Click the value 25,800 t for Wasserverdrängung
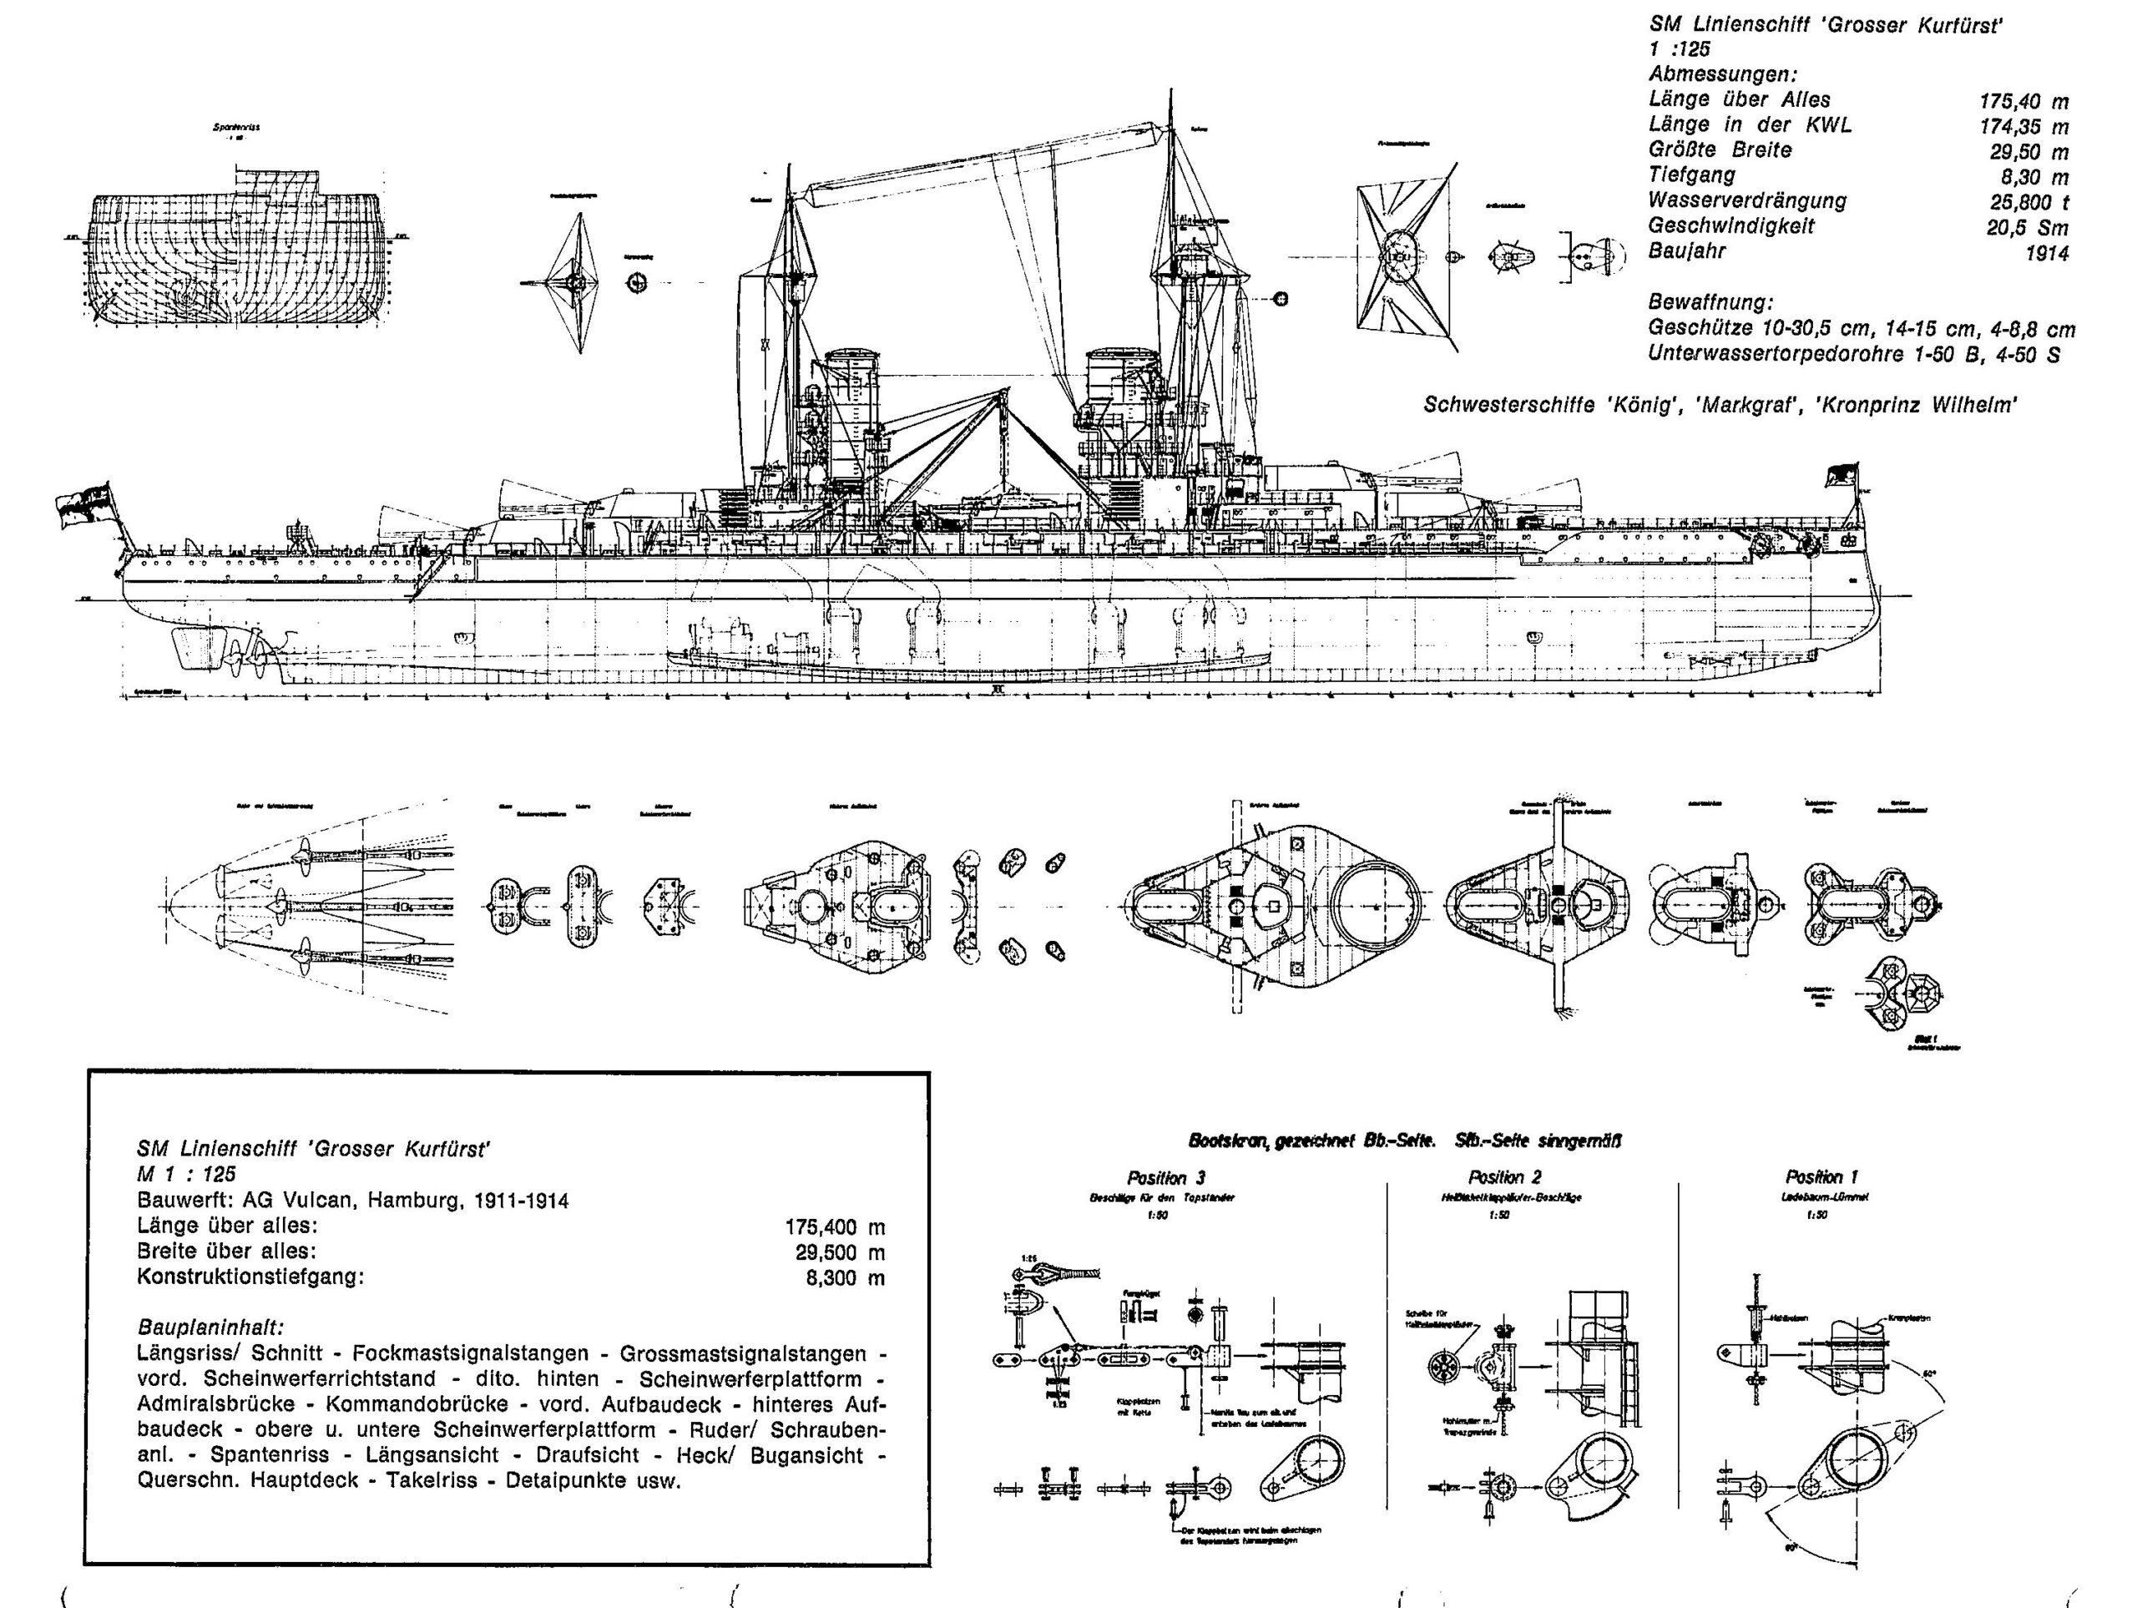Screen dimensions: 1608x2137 pos(2027,203)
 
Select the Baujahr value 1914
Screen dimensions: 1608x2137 pos(2046,253)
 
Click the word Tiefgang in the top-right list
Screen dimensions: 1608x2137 pos(1691,174)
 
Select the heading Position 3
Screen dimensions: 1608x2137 pos(1166,1177)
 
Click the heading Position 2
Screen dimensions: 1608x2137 pos(1504,1176)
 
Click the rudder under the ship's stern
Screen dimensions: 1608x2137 pos(189,647)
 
